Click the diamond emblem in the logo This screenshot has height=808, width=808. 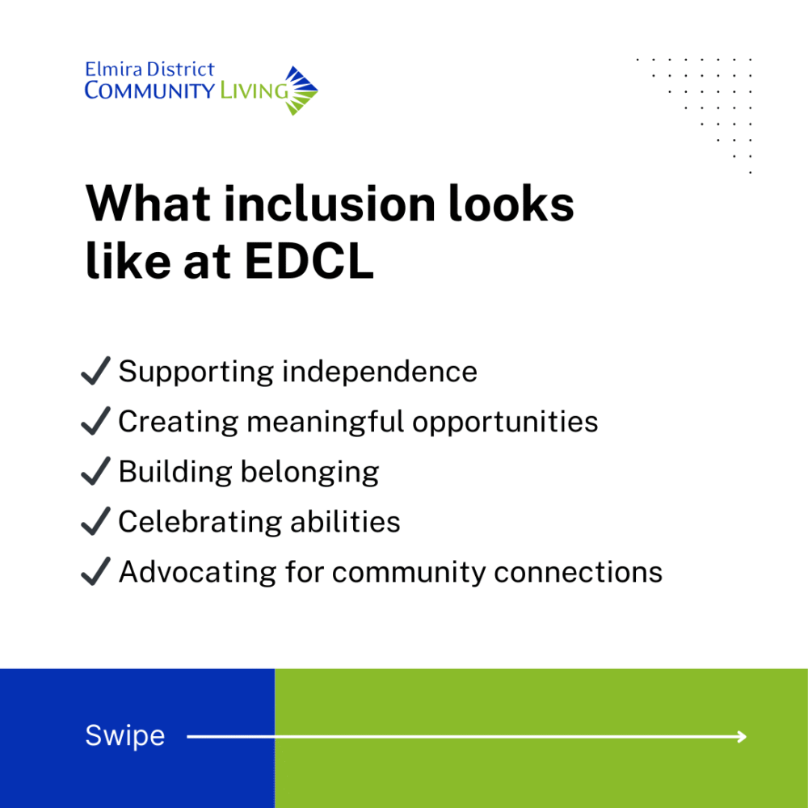pos(301,90)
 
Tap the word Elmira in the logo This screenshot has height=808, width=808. pos(113,69)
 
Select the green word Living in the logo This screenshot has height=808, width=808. pos(254,90)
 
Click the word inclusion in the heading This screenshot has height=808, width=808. pos(330,204)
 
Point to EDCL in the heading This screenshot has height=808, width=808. pos(309,261)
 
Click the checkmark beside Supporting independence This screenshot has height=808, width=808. pos(96,371)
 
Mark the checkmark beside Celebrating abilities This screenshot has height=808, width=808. pos(96,521)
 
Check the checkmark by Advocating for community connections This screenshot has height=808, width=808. pos(96,571)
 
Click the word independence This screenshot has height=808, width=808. pos(380,372)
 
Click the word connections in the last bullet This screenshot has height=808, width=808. pos(579,572)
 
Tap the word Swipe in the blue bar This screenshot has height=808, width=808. pos(125,736)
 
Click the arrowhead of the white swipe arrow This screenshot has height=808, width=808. pos(742,737)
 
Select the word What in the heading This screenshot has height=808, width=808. pos(149,204)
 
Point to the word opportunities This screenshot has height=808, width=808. pos(505,422)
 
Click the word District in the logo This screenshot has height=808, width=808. pos(180,69)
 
